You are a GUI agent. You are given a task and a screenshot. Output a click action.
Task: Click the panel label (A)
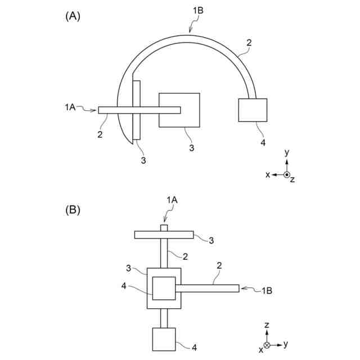[x=73, y=16]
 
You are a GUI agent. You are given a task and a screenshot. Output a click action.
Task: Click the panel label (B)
[x=73, y=210]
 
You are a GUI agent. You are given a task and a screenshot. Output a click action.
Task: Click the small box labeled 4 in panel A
[x=253, y=110]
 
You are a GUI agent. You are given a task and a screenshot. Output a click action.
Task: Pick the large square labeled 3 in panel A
[x=179, y=110]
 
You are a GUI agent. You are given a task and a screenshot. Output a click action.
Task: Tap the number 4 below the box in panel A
[x=263, y=143]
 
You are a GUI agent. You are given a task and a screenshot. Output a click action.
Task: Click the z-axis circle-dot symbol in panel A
[x=287, y=175]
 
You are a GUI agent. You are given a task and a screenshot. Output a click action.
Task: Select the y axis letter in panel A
[x=287, y=152]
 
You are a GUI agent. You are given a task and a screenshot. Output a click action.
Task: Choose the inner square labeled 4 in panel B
[x=163, y=289]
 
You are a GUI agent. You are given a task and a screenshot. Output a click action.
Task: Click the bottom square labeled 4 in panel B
[x=164, y=339]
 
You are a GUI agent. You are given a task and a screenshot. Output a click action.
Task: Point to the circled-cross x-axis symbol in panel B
[x=267, y=344]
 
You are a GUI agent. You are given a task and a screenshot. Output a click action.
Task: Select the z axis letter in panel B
[x=267, y=325]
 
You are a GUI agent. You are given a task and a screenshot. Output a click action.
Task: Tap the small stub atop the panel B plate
[x=164, y=228]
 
